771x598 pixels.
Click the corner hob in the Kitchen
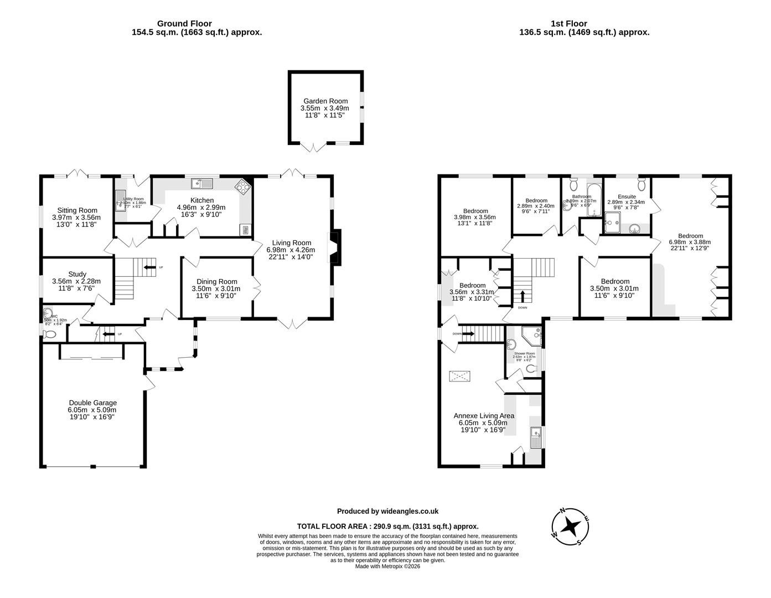point(242,186)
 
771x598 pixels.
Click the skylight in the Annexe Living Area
point(460,377)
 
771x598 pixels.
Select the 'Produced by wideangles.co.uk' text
point(387,512)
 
